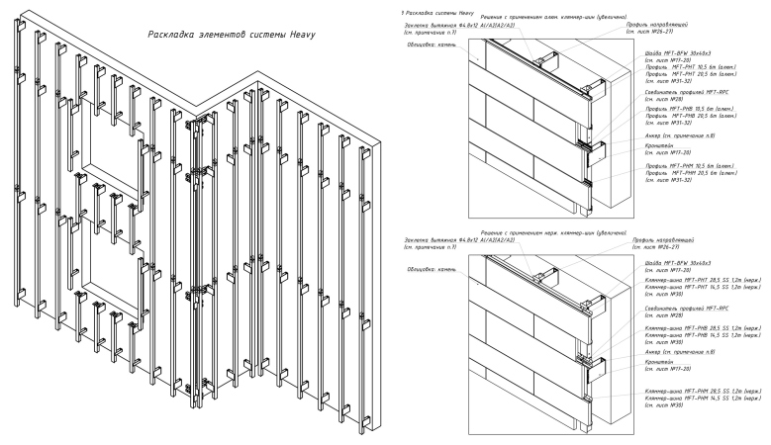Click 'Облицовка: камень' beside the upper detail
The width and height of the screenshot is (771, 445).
pos(433,44)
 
